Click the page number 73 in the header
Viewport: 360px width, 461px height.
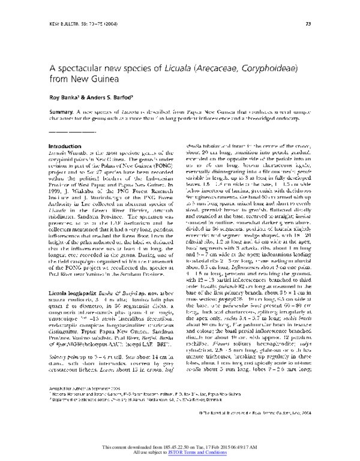tap(307, 24)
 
